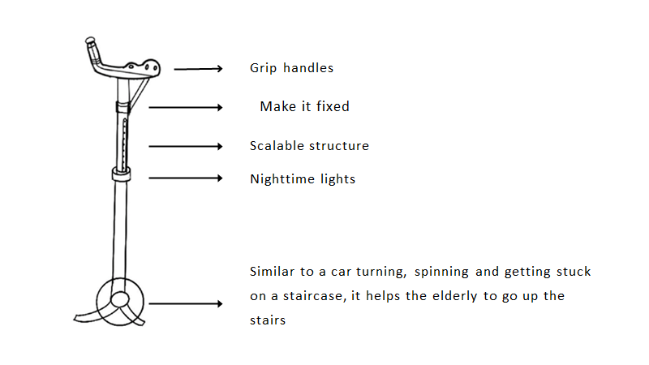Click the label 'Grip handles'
click(291, 68)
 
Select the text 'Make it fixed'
click(305, 106)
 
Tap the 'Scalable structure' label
click(309, 146)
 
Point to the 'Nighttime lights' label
click(303, 178)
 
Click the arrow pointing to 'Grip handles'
click(198, 69)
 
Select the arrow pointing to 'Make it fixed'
click(186, 108)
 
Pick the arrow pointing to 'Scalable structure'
click(186, 146)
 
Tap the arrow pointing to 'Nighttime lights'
click(186, 178)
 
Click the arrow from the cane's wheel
click(186, 303)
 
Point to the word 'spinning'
click(441, 272)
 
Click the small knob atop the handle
click(90, 41)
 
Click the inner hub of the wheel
click(120, 299)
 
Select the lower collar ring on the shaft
click(121, 174)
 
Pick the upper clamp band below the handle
click(123, 107)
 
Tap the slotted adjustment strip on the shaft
click(124, 144)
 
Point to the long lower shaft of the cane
click(119, 230)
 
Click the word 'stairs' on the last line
click(268, 320)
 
